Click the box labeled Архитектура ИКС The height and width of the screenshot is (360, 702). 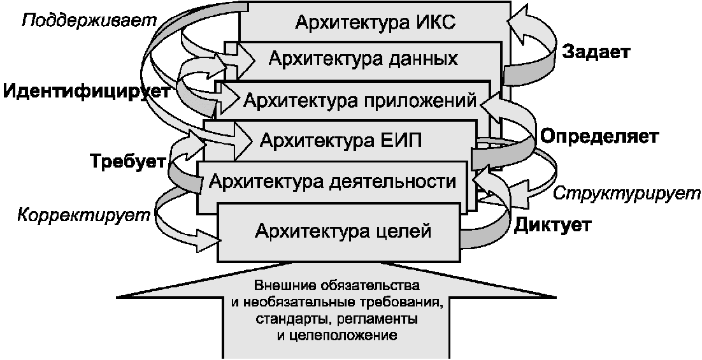[375, 22]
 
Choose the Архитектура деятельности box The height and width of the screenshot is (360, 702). [332, 182]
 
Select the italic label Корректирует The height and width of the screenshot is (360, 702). [83, 215]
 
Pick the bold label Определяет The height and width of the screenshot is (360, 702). [599, 136]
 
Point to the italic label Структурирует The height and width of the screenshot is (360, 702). [626, 194]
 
